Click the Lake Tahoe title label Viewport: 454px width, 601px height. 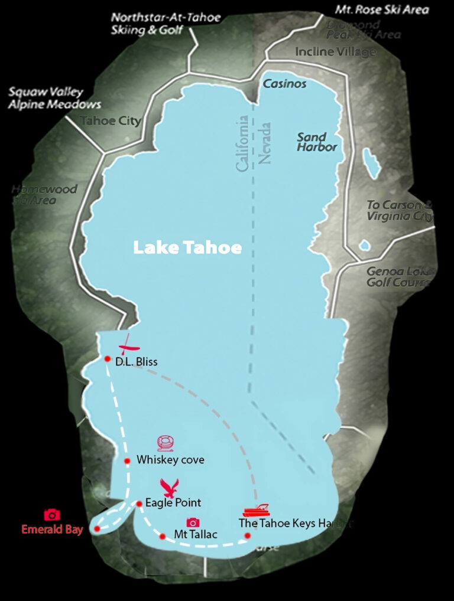click(187, 248)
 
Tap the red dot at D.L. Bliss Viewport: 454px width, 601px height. click(108, 358)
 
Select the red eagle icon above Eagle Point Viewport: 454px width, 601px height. click(171, 488)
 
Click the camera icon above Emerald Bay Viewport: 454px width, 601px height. click(52, 515)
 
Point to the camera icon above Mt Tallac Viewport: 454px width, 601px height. click(193, 522)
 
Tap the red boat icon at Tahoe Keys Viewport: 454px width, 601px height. click(257, 511)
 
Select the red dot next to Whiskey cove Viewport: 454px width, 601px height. click(127, 460)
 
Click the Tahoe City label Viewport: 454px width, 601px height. click(111, 122)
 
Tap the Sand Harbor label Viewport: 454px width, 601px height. click(316, 142)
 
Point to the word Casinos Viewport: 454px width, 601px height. click(284, 84)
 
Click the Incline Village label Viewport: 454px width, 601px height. click(335, 52)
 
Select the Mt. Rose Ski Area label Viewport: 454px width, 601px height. click(382, 10)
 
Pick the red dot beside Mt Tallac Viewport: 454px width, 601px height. click(163, 536)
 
